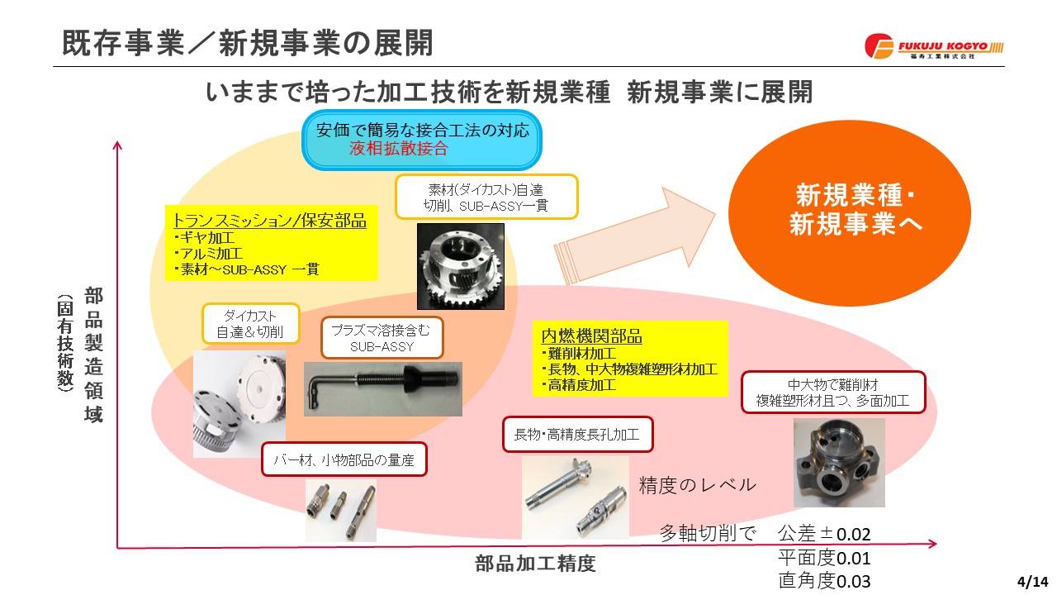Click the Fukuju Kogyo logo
(934, 46)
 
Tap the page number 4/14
(1032, 580)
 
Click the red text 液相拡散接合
(399, 148)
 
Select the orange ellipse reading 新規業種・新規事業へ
(850, 212)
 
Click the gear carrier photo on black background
(461, 266)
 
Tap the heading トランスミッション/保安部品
(269, 221)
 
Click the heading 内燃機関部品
(592, 336)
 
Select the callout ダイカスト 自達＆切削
(250, 323)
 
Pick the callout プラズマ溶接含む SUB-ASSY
(382, 338)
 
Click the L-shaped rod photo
(382, 389)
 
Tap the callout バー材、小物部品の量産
(344, 459)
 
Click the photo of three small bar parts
(341, 511)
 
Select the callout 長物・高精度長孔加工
(577, 435)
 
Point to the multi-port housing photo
(839, 463)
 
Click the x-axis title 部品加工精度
(535, 564)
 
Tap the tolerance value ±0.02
(845, 534)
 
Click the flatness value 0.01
(853, 559)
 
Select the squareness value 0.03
(853, 581)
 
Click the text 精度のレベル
(698, 485)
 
